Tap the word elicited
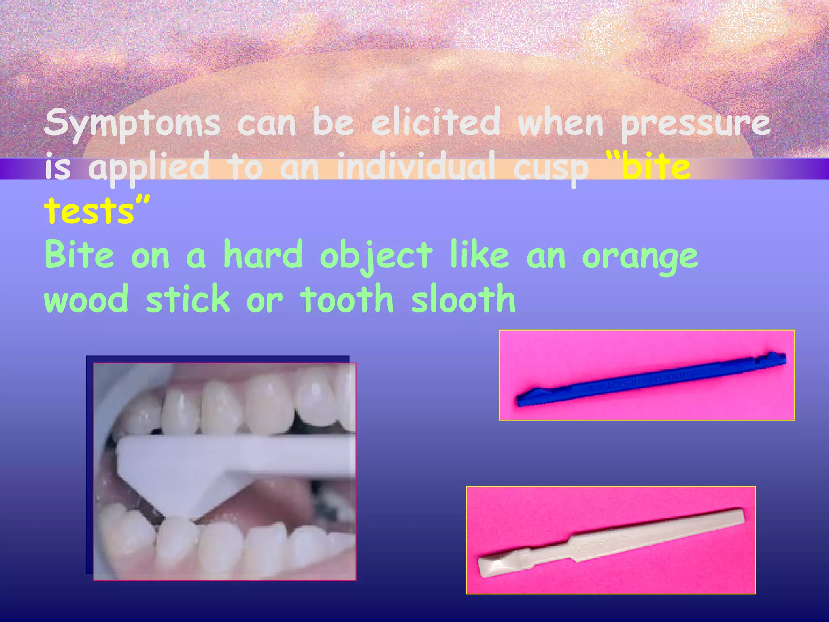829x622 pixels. [436, 122]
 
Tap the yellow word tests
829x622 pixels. [89, 210]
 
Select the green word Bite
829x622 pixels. [79, 255]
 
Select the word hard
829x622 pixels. [263, 255]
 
